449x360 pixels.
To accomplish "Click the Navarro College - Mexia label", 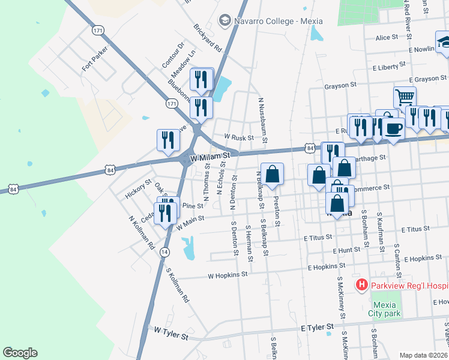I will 279,21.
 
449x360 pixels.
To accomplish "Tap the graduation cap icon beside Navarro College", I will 226,21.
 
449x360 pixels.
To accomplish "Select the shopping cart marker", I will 405,97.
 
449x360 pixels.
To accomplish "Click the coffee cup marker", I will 393,128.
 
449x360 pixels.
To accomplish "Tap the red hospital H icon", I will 361,284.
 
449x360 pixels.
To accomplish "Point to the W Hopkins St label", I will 228,275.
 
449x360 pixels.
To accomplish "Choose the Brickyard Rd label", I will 208,37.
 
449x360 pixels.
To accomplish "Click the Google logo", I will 20,353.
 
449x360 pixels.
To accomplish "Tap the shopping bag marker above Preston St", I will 272,174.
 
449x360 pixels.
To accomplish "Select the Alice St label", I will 386,37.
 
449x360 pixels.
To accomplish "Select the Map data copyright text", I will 424,355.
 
